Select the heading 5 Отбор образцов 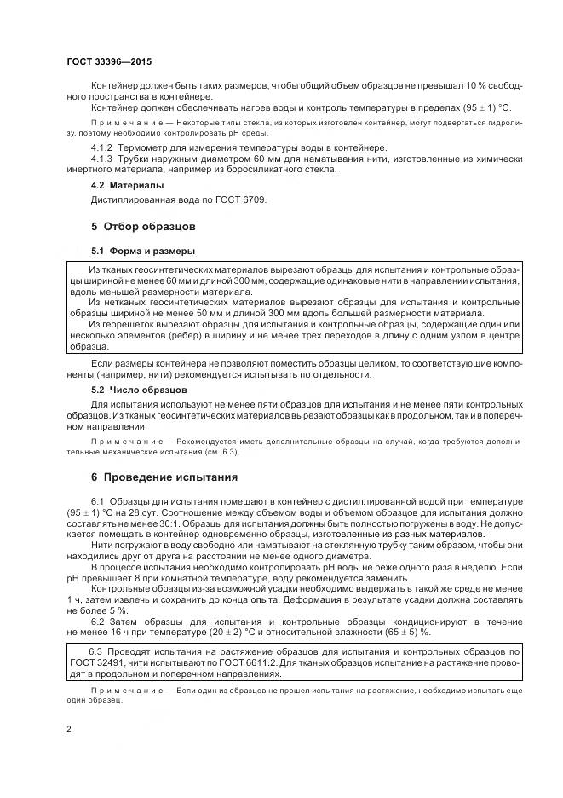click(x=143, y=227)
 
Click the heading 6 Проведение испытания click(x=164, y=477)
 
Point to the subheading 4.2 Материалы click(x=128, y=185)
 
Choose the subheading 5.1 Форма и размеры click(x=143, y=252)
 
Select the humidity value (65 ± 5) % click(x=407, y=633)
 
